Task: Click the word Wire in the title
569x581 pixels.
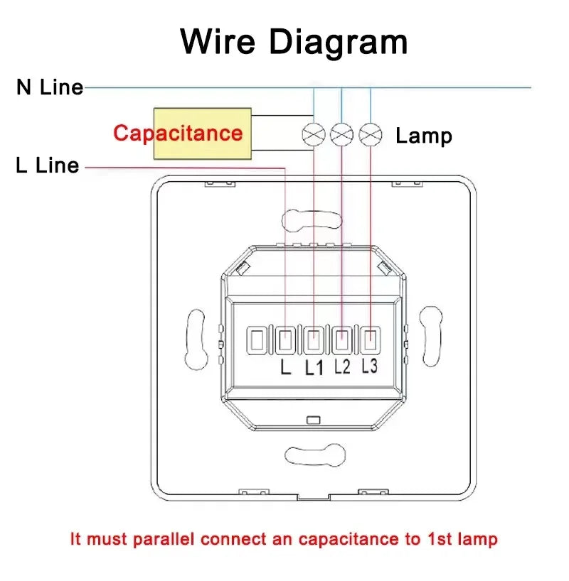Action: click(x=218, y=41)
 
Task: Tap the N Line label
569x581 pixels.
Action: click(x=50, y=87)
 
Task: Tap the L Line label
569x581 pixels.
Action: click(x=48, y=165)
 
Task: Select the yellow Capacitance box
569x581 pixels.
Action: click(x=202, y=134)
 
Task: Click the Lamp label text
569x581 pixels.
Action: click(x=424, y=136)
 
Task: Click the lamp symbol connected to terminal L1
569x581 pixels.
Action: click(x=314, y=134)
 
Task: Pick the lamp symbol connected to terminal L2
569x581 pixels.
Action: click(x=341, y=134)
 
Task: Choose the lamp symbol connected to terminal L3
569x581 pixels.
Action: click(x=371, y=134)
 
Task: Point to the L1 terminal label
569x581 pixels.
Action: click(x=314, y=368)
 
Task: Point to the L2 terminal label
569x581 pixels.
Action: click(x=342, y=366)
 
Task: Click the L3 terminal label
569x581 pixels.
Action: click(x=370, y=366)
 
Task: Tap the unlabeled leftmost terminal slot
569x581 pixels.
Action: click(x=257, y=340)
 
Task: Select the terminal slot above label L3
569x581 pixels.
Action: click(x=371, y=340)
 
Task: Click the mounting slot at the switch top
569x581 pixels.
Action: click(x=312, y=220)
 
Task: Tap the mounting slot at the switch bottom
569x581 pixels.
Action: click(x=315, y=455)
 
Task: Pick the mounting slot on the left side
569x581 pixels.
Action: click(x=196, y=339)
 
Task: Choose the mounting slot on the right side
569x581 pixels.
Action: click(x=430, y=337)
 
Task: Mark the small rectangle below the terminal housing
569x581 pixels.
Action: click(x=314, y=420)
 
